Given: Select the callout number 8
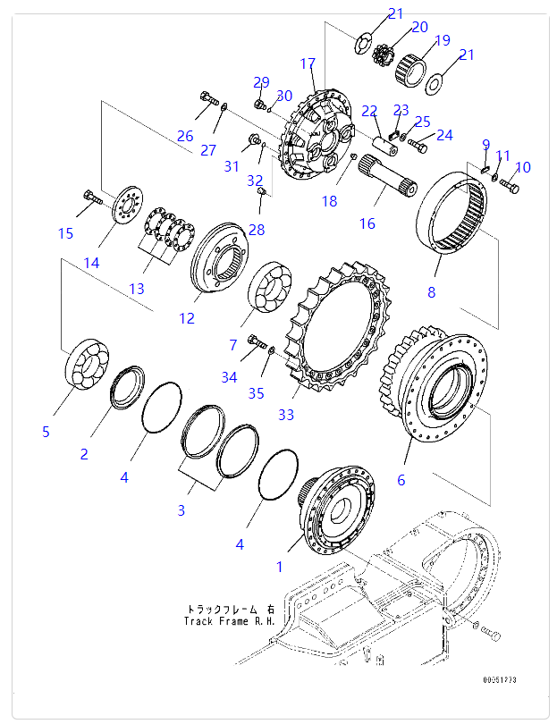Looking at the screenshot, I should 431,291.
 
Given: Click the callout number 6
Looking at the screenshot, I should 401,480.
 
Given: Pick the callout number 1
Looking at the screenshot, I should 279,566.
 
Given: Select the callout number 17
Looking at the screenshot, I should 308,63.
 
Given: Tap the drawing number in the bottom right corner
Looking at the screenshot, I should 499,680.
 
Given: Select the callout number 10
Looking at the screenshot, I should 523,167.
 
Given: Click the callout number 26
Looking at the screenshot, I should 184,136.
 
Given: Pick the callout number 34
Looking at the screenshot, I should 230,377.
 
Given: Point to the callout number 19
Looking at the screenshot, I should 442,40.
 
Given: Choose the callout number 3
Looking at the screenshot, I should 181,510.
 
